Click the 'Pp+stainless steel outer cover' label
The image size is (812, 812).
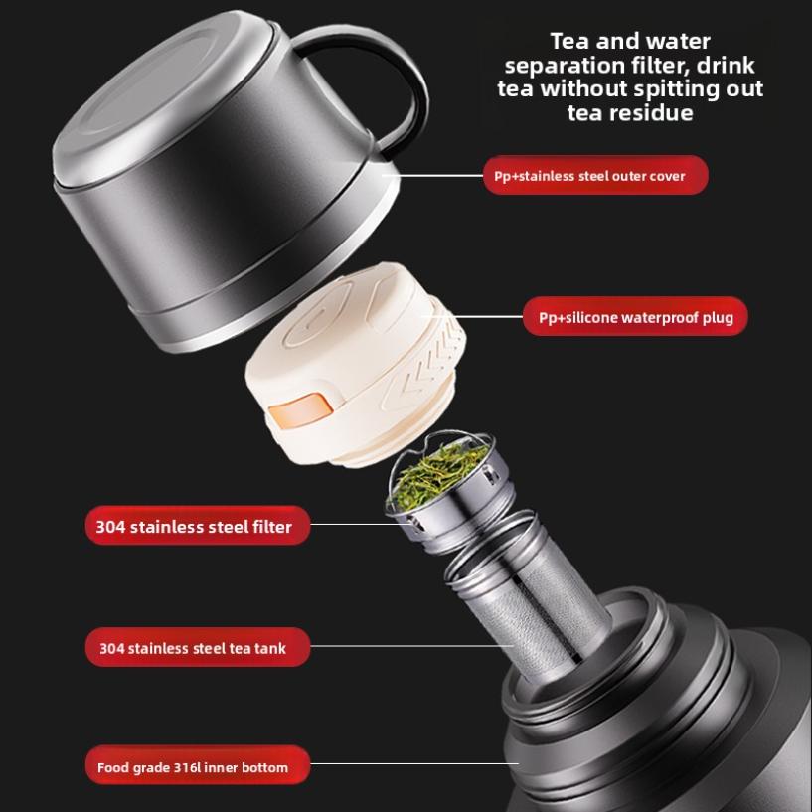coord(595,176)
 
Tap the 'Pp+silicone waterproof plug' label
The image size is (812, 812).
coord(635,318)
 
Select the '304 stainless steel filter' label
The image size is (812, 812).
coord(195,527)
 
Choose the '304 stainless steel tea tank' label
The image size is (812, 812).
coord(195,648)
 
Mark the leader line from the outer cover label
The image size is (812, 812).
coord(437,176)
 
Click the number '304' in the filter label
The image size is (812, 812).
coord(111,527)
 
